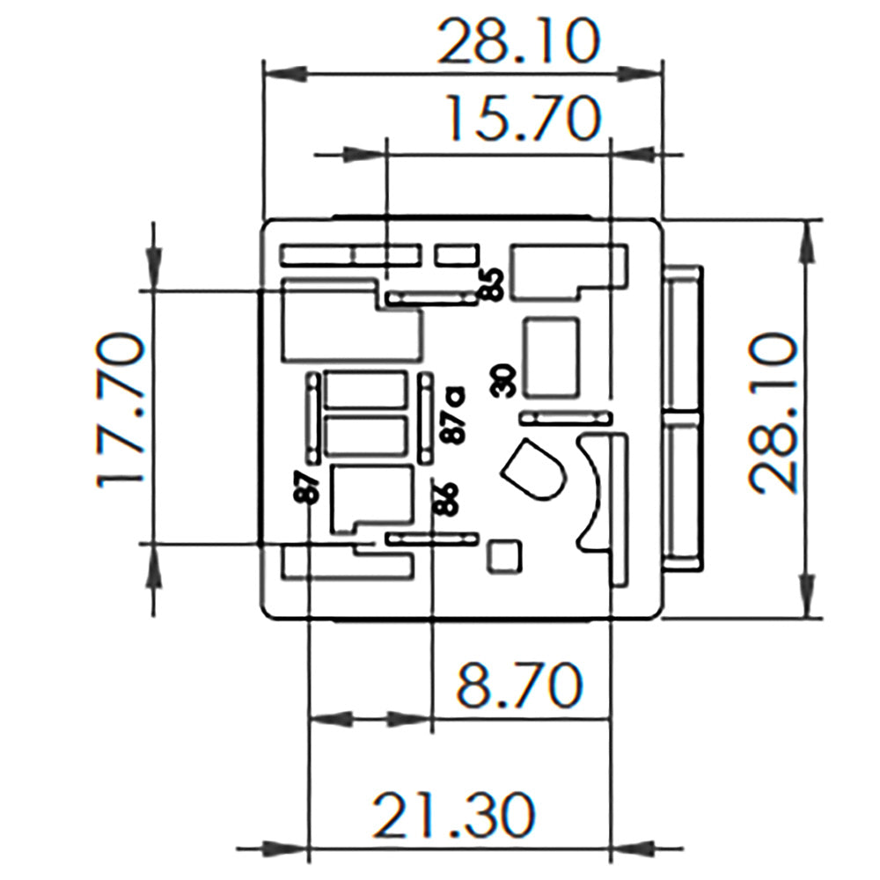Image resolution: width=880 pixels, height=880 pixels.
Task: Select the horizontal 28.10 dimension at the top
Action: tap(519, 41)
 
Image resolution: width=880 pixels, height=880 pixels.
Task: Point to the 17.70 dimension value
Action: tap(120, 409)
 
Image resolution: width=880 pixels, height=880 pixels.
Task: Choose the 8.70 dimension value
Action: tap(519, 686)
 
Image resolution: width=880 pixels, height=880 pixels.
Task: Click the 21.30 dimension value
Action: tap(453, 815)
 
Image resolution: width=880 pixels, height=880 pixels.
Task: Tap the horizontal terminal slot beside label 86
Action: tap(431, 538)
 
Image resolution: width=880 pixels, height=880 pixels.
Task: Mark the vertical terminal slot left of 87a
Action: tap(426, 418)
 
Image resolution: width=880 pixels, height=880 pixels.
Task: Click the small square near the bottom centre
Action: tap(504, 556)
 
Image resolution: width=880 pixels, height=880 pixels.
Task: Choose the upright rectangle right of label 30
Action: tap(552, 356)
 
